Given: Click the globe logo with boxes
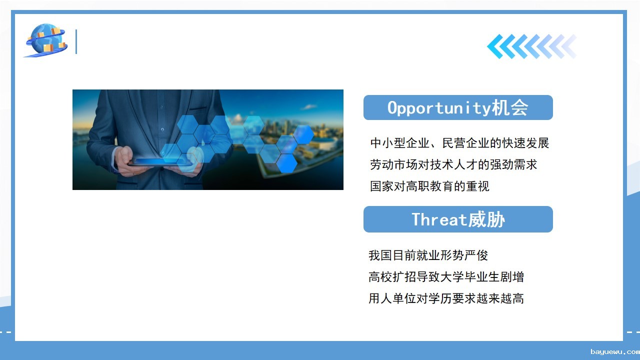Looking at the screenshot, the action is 46,40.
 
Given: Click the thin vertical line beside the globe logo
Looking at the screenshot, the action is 76,41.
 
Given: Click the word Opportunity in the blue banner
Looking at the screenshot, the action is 439,108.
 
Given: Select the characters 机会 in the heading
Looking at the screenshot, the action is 509,107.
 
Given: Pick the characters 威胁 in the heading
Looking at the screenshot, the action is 486,219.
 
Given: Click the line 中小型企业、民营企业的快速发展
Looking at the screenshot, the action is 459,143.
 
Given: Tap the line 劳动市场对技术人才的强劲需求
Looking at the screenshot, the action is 453,164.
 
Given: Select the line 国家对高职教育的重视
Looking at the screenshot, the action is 429,186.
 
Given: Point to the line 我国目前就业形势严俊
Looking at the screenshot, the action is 428,255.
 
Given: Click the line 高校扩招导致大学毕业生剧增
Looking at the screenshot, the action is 446,277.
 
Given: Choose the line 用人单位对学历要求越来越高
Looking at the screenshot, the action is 446,298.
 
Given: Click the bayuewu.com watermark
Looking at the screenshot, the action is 615,351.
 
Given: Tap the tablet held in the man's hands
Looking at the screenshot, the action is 160,163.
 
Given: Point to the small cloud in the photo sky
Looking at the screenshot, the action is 308,107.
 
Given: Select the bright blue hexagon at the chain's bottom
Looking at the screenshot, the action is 287,163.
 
